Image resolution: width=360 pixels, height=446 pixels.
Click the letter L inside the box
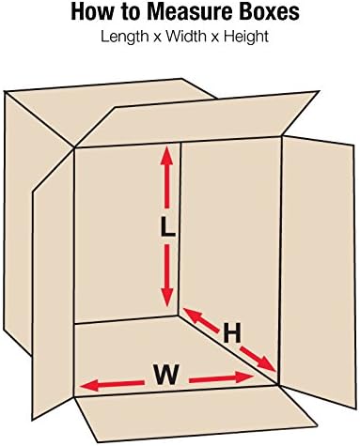(167, 228)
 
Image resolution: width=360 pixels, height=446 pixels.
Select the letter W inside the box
(165, 375)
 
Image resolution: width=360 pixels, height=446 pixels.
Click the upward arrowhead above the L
(167, 154)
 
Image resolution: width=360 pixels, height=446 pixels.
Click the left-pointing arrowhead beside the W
(86, 384)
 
